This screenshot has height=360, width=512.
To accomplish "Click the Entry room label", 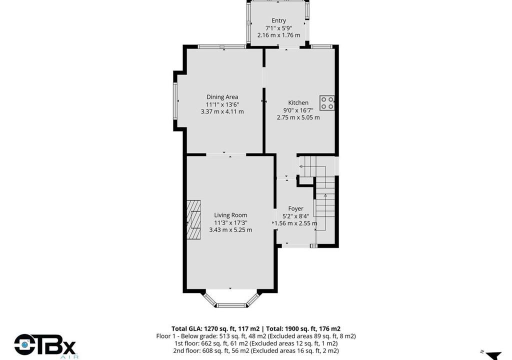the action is pos(278,20).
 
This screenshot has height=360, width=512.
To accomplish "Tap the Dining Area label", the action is pos(222,97).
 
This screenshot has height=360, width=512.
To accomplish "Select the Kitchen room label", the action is pos(298,102).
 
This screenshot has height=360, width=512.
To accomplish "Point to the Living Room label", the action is pos(230,215).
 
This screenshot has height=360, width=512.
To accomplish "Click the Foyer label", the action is pos(295,208).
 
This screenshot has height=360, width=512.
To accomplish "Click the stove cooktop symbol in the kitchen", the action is pos(327,103).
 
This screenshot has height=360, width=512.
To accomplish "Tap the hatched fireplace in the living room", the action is pos(194,220).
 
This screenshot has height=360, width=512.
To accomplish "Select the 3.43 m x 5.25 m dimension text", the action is pos(230,229).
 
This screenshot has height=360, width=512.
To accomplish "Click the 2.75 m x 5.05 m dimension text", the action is pos(298,117).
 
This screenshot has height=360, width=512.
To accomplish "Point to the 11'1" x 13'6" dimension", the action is pos(222,104).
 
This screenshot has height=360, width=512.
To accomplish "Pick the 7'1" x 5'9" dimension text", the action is pos(278,28).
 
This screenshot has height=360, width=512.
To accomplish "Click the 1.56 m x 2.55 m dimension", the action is pos(295,223).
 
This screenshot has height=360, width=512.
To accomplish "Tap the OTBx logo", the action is pos(45,345).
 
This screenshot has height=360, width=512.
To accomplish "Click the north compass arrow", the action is pos(493,355).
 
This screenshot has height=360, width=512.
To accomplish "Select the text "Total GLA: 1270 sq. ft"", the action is pos(215,328).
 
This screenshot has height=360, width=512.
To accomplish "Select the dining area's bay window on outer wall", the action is pos(175,100).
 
